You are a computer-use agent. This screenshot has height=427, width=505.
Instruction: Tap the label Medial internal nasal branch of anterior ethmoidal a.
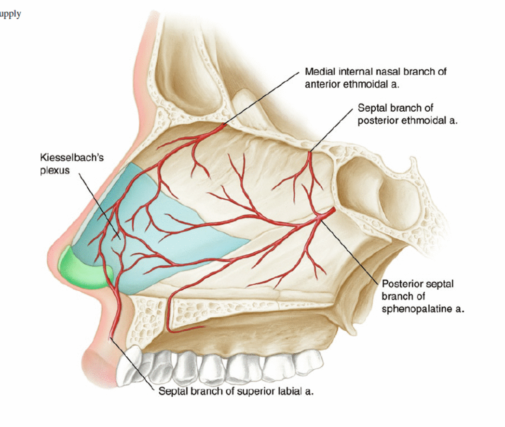pos(375,77)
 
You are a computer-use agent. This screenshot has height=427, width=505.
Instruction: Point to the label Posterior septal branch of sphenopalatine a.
pos(418,296)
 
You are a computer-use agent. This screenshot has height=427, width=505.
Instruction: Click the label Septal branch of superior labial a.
pos(236,391)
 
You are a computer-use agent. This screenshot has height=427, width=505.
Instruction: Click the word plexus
pos(55,170)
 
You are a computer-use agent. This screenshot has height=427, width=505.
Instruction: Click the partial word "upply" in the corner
pos(10,14)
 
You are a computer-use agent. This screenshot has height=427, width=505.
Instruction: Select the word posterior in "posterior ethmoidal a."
pos(378,121)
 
